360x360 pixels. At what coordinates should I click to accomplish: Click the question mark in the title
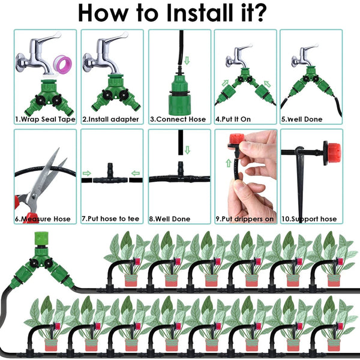point(260,12)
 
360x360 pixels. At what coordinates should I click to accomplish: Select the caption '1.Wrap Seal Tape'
point(46,119)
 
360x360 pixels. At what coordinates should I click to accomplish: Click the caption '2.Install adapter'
point(111,119)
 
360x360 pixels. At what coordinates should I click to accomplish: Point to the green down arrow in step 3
point(185,61)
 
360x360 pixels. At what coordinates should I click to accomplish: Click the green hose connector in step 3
point(179,90)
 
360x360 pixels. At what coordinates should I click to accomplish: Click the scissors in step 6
point(38,183)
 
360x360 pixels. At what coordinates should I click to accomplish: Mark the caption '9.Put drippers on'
point(245,219)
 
